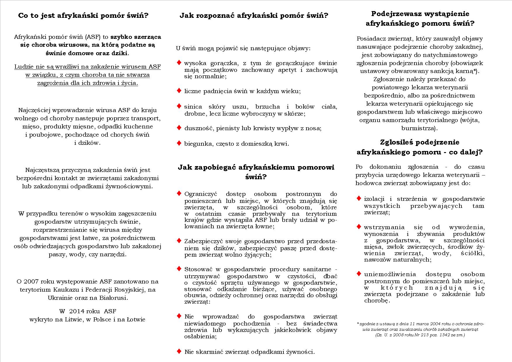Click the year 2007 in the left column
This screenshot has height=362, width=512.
(31, 282)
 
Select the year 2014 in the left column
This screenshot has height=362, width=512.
(77, 311)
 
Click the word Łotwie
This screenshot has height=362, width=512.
(136, 319)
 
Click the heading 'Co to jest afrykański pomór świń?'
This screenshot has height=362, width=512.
(83, 15)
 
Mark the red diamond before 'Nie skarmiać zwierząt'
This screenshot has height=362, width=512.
(179, 351)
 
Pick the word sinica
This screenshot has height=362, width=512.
(193, 107)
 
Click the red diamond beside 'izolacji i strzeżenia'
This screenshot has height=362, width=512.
(359, 198)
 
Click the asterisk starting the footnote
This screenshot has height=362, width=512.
(358, 323)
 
